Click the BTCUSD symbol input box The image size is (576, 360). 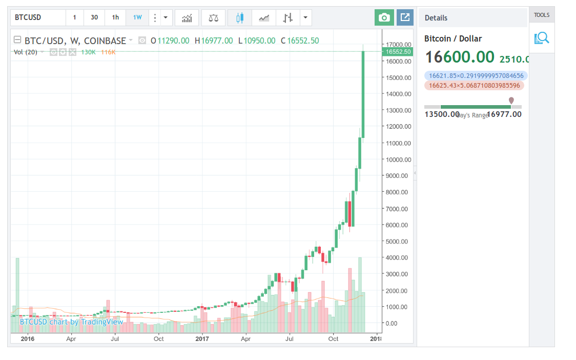[x=38, y=17]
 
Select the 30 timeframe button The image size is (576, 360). [x=94, y=17]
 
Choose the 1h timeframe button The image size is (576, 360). [x=115, y=17]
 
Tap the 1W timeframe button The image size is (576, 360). [x=137, y=17]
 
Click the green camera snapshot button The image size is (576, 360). [x=384, y=18]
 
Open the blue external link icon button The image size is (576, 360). [x=405, y=18]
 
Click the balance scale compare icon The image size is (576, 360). [x=213, y=18]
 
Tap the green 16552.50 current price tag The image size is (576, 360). [x=398, y=52]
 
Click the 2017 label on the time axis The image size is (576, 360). [x=203, y=338]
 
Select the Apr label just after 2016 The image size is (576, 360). [x=71, y=338]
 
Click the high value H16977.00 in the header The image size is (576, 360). [x=214, y=41]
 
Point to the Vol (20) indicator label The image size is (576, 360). [x=25, y=52]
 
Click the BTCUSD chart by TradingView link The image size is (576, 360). [x=71, y=322]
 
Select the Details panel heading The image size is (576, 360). [x=436, y=18]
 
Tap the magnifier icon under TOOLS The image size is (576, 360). [x=542, y=38]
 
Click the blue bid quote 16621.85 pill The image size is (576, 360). [x=476, y=75]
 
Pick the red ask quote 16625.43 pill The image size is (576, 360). [x=474, y=86]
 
